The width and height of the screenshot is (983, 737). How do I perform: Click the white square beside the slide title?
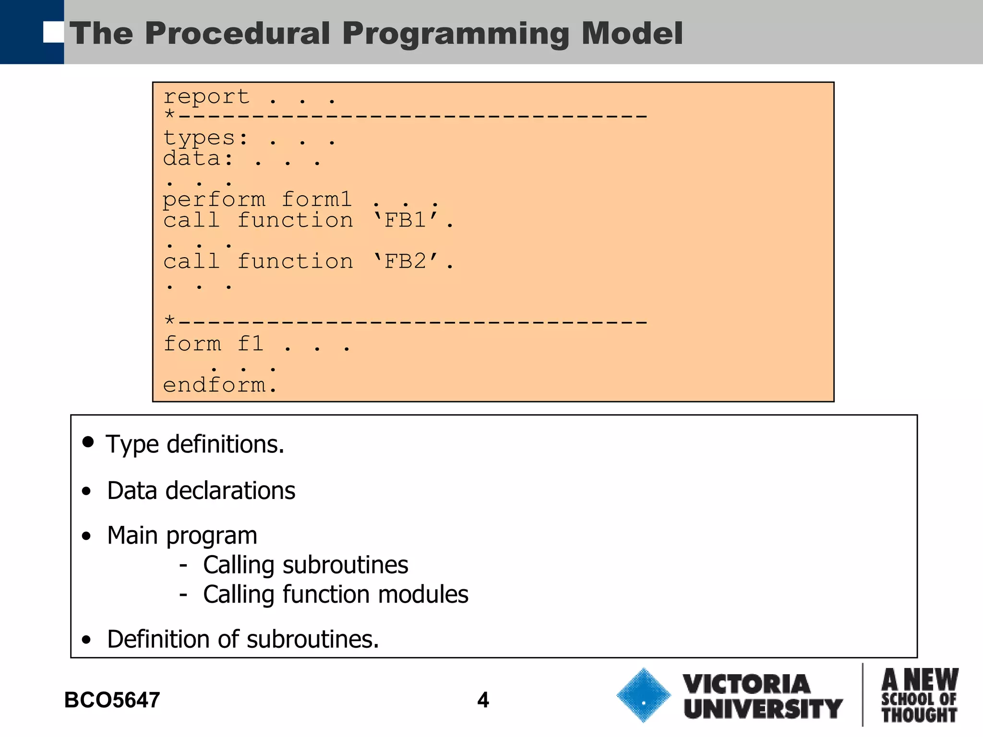tap(53, 32)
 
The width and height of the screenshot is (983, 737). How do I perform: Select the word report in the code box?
tap(206, 97)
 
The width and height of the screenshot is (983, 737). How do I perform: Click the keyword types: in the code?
tap(205, 139)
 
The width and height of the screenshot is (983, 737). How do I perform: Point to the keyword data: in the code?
tap(198, 159)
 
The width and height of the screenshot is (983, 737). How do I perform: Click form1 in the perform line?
tap(317, 199)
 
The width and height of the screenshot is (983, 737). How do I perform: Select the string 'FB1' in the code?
tap(406, 220)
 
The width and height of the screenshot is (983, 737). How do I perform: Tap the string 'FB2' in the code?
tap(406, 262)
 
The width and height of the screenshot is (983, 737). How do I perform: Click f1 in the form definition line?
tap(251, 344)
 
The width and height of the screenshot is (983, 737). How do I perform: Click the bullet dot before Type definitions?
tap(88, 442)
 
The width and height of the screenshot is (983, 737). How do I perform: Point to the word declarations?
tap(230, 491)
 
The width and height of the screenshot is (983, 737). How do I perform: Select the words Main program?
tap(182, 535)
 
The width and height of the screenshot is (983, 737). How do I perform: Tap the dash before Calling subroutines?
tap(183, 566)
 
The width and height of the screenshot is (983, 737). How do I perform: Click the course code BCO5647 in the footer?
tap(112, 700)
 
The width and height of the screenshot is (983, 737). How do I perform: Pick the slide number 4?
tap(483, 700)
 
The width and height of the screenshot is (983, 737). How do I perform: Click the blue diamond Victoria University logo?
tap(643, 695)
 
